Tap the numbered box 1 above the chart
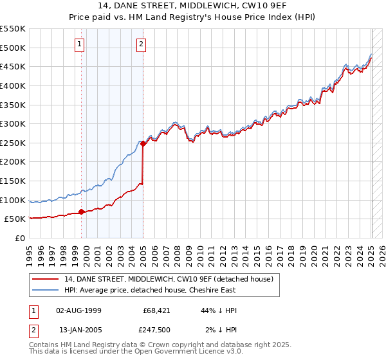tap(79, 44)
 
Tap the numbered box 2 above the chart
tap(141, 44)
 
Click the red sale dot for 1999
tap(81, 212)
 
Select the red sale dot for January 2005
tap(143, 144)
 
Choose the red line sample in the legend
tap(46, 279)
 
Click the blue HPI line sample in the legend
tap(46, 290)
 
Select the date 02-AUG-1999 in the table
tap(78, 310)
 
